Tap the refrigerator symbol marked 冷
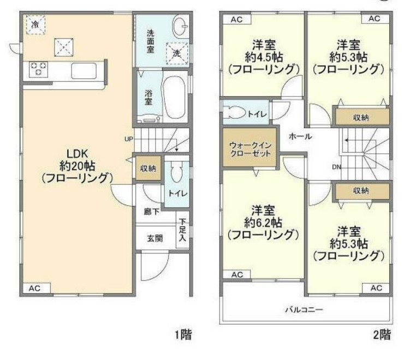[35, 24]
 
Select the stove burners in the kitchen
[38, 68]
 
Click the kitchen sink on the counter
[83, 70]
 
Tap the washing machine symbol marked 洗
[176, 53]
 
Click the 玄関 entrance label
[154, 238]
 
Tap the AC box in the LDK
[35, 288]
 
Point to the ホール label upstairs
[300, 136]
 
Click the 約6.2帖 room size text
[263, 222]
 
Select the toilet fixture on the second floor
[236, 114]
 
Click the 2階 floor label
[382, 334]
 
